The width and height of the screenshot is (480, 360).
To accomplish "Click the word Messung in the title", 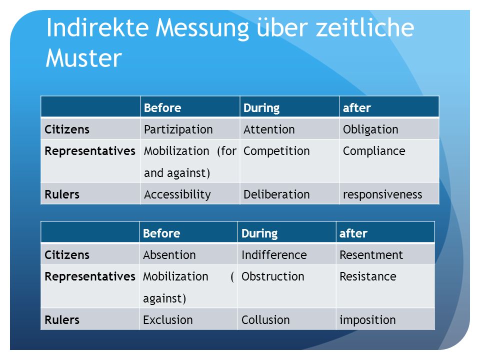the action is coord(202,28).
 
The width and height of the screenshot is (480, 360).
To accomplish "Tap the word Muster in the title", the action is coord(83,58).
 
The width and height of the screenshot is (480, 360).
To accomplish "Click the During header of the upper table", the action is coord(261,108).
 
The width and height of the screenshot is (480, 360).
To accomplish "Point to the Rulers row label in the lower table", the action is coord(62,320).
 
